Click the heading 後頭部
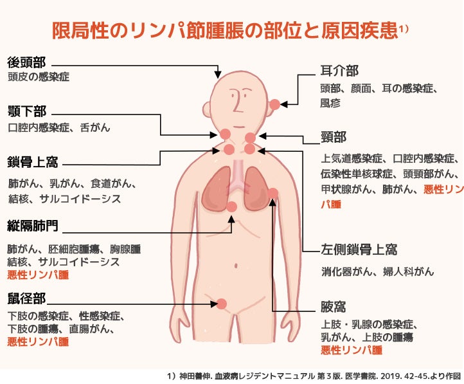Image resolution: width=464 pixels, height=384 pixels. [26, 62]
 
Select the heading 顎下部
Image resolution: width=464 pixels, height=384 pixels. [27, 111]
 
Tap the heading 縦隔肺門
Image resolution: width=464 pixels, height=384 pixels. [33, 226]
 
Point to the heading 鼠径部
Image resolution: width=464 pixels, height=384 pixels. [26, 298]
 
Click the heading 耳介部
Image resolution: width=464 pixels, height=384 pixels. [339, 71]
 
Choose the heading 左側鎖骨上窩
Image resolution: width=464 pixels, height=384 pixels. [359, 250]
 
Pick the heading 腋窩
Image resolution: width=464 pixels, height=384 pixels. [333, 307]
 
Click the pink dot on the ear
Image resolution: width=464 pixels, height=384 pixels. [275, 104]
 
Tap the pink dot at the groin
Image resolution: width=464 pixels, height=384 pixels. [221, 304]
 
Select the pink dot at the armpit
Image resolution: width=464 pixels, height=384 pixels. [273, 194]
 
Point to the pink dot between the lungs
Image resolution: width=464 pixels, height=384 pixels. [231, 206]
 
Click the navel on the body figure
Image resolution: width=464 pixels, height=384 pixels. [236, 266]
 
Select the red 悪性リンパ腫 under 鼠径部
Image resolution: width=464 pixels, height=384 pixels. [38, 342]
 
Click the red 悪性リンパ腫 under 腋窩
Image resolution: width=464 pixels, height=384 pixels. [352, 351]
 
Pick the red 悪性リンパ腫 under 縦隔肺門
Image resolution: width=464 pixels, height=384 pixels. [38, 275]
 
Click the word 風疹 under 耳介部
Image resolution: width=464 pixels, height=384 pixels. [330, 103]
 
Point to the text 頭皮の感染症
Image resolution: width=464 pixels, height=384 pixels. [39, 77]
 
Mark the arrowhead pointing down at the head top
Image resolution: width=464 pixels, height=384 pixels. [218, 75]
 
